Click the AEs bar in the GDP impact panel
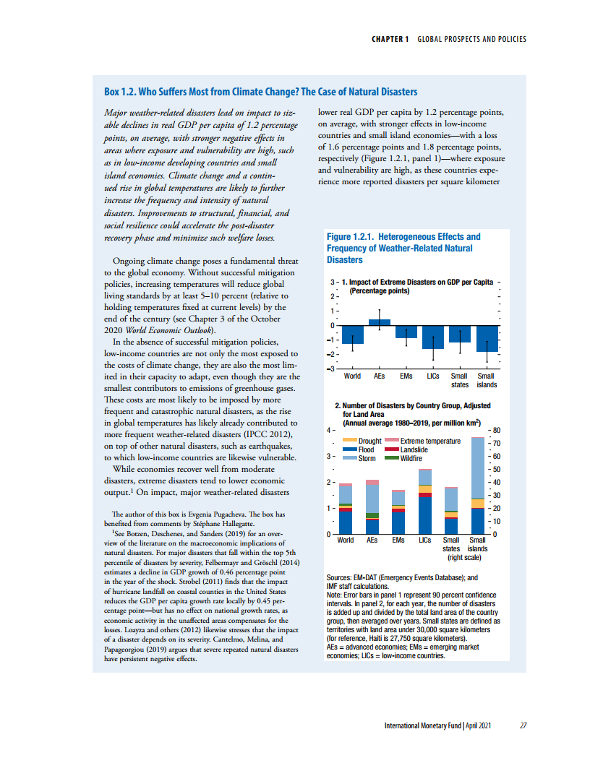380,322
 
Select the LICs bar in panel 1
433,337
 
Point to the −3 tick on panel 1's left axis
331,369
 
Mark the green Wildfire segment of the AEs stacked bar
372,515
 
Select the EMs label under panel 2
398,540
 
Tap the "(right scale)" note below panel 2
465,557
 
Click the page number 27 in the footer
523,725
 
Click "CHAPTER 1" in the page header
391,39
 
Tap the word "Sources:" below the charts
341,578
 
